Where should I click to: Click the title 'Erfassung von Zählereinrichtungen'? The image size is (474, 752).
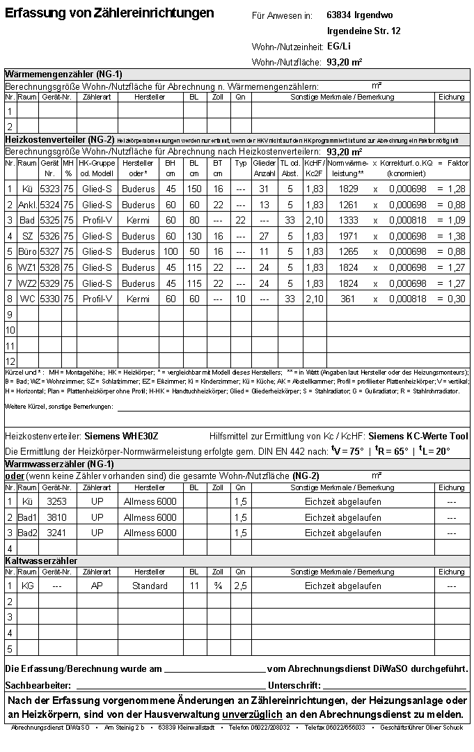(109, 13)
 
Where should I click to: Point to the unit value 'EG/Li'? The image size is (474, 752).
(339, 47)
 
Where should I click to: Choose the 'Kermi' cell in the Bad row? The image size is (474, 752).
(138, 220)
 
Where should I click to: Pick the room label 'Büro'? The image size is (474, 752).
(27, 252)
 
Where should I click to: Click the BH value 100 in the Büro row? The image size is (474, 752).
(171, 252)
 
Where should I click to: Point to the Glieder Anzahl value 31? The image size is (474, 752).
(264, 189)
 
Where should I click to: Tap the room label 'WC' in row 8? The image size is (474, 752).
(27, 299)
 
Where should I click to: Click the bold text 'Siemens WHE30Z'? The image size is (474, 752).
(121, 436)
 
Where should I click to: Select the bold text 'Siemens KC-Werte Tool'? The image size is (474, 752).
(418, 436)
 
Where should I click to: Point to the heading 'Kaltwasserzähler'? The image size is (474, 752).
(40, 561)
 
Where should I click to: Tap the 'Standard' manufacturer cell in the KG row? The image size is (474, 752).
(150, 586)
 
